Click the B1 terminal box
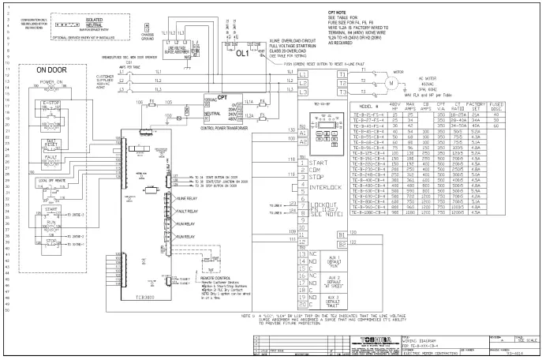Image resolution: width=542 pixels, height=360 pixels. coord(342,234)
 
